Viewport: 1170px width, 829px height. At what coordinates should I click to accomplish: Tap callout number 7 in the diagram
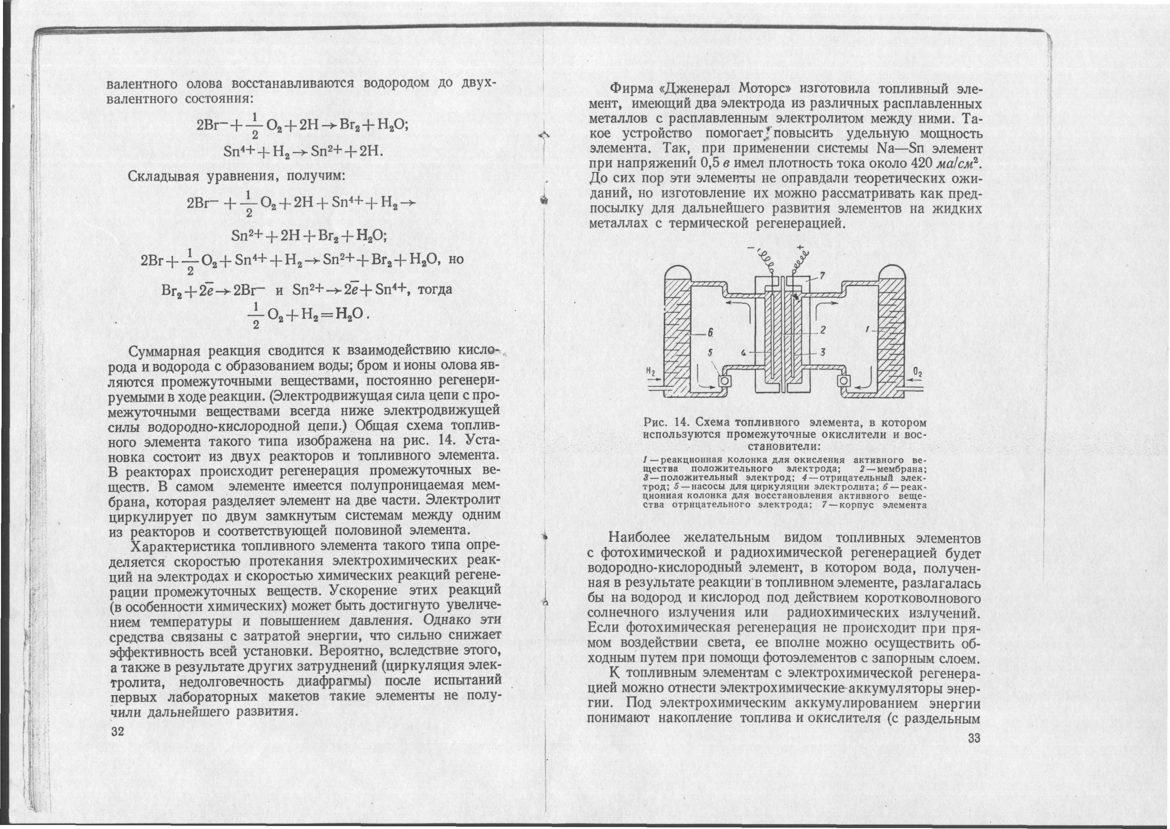click(823, 276)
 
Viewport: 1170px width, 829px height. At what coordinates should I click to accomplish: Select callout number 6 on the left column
click(709, 332)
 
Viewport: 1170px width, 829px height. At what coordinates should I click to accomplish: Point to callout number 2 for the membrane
click(823, 330)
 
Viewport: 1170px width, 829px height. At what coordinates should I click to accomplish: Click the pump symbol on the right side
click(843, 381)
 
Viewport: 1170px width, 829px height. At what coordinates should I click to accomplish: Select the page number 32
click(118, 731)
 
